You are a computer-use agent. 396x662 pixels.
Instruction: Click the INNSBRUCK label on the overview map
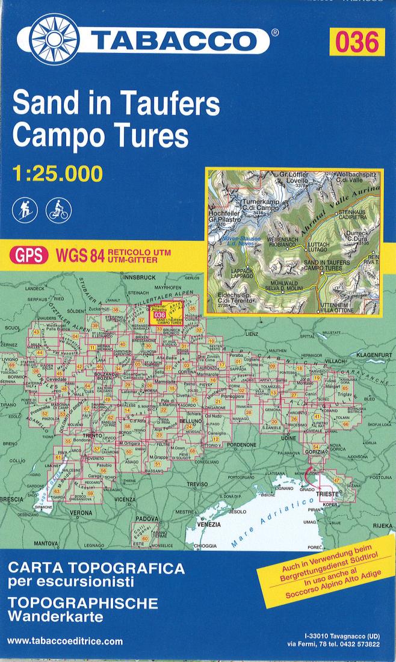click(139, 277)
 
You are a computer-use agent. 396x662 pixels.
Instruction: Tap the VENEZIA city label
click(209, 524)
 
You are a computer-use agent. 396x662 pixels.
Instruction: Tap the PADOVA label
click(146, 518)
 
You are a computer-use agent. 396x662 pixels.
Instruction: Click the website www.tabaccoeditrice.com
click(65, 642)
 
